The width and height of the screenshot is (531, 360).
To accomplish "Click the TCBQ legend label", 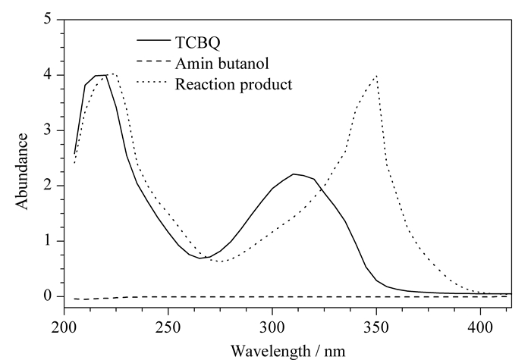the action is [x=198, y=43].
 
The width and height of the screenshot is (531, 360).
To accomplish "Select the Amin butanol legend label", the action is [x=222, y=63].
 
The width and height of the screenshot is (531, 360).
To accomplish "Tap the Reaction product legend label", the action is [x=234, y=84].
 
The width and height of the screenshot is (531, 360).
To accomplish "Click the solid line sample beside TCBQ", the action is [x=154, y=40].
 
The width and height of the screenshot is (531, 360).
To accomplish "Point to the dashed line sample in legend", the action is [x=154, y=61].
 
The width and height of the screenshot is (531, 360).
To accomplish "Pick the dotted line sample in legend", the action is [x=152, y=82].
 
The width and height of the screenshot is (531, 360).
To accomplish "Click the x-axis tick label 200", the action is [x=64, y=327].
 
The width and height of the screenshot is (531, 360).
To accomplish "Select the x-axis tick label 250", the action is [x=168, y=327].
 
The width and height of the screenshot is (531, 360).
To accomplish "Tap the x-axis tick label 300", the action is [x=272, y=327].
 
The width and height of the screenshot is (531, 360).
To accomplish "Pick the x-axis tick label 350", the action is [x=376, y=327].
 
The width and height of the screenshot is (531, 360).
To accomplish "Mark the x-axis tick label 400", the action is [x=480, y=327].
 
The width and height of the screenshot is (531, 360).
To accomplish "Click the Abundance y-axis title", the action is [x=22, y=171].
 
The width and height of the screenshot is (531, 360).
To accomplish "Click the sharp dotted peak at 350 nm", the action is [x=376, y=76].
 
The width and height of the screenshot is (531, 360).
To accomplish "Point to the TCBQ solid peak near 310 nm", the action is [x=294, y=174].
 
